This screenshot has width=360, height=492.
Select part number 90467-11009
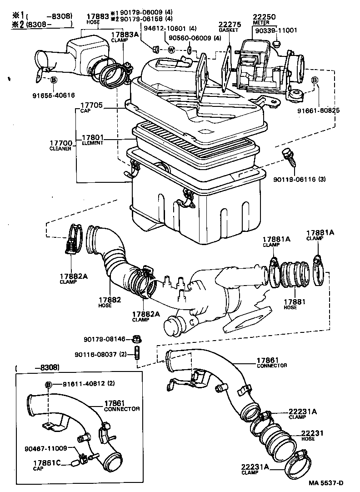coord(45,448)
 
